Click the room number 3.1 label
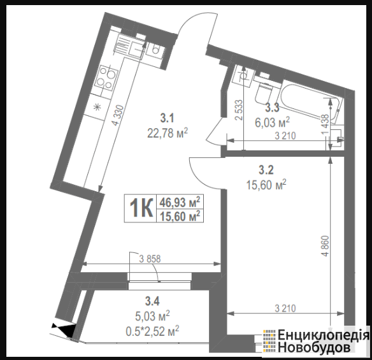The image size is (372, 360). point(168,118)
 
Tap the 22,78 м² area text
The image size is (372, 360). point(168,133)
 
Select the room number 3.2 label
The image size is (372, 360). point(266,170)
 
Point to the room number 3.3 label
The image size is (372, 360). point(272,108)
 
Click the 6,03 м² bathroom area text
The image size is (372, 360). point(273,122)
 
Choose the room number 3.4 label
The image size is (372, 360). point(152,301)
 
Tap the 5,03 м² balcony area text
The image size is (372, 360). point(152,316)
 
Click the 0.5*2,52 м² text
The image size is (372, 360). point(152,331)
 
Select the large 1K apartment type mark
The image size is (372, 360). point(141,208)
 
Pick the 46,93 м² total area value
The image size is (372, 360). point(180,202)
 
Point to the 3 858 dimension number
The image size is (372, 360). point(150,259)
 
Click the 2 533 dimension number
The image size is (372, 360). point(240,110)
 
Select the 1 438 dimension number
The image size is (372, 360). point(325,125)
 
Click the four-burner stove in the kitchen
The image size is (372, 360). point(106,78)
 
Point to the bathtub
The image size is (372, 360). point(311,103)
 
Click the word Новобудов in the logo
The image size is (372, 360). point(314,349)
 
